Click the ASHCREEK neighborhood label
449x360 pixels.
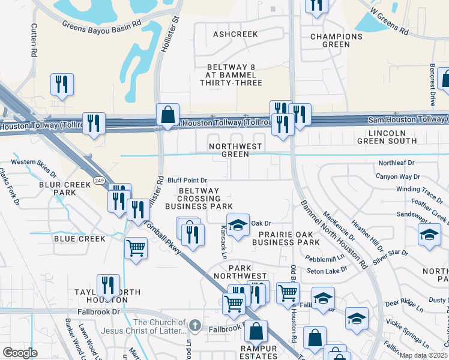[235, 35]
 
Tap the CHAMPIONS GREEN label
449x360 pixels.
[336, 40]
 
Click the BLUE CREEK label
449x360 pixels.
[79, 239]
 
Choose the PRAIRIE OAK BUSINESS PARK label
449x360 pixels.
[285, 238]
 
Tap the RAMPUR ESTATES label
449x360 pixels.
[260, 353]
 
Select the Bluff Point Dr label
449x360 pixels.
[187, 180]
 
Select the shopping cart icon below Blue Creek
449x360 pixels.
[136, 248]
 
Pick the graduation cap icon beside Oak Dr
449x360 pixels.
[238, 226]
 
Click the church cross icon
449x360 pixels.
[194, 325]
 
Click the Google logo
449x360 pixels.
[20, 353]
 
